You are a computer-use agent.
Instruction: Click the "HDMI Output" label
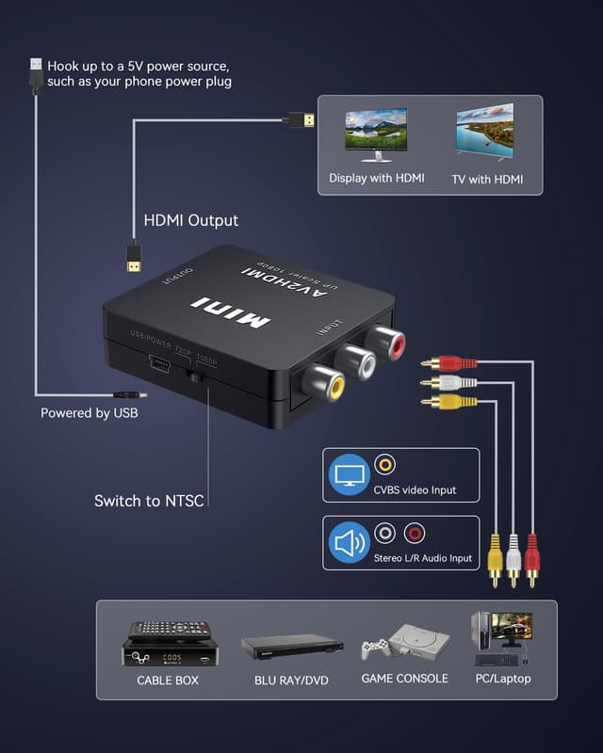point(190,221)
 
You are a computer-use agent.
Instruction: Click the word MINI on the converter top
point(231,313)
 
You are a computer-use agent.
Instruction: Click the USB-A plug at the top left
point(36,73)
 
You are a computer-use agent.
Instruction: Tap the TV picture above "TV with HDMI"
point(485,132)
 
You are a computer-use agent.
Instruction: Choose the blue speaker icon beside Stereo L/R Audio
point(349,543)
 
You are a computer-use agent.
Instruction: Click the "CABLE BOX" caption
point(168,680)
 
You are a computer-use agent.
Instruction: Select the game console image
point(405,645)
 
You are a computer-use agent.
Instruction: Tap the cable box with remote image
point(170,642)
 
